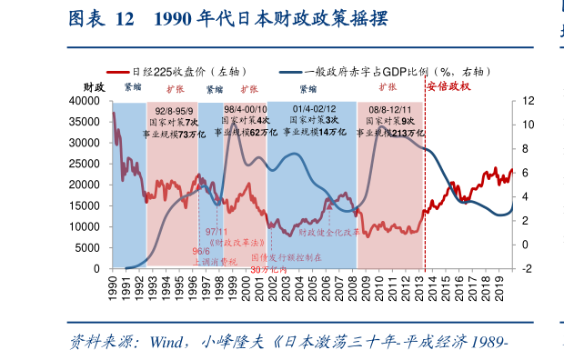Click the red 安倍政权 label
tap(448, 86)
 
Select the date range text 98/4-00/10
tap(246, 108)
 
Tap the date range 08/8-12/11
tap(389, 108)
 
